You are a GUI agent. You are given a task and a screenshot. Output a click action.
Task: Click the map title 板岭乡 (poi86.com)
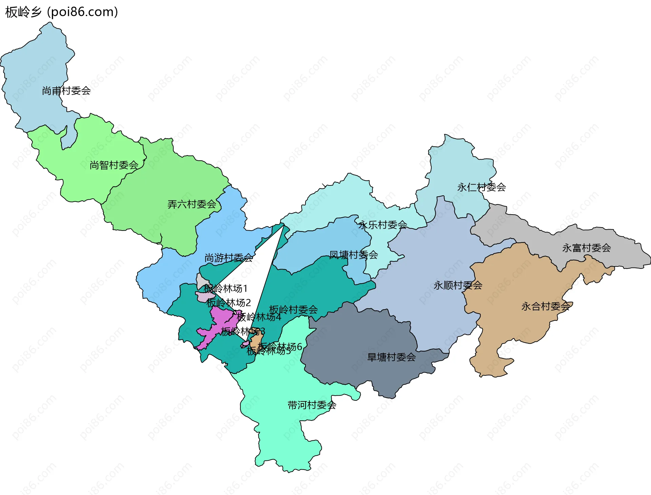click(61, 12)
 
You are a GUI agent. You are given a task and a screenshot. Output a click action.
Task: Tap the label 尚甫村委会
click(66, 91)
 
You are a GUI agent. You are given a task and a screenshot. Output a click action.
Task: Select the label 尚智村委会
click(114, 165)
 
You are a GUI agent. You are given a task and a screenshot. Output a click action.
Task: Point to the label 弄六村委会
click(192, 204)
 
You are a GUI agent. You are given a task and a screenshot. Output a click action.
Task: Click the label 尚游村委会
click(229, 258)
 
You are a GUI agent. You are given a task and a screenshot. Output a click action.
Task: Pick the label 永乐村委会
click(382, 225)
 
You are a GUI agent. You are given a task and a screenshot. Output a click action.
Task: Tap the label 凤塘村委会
click(353, 255)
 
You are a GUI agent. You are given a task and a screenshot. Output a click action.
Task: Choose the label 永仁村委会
click(481, 187)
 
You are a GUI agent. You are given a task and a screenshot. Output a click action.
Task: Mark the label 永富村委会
click(586, 248)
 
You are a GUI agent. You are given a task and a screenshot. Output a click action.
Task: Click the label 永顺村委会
click(458, 285)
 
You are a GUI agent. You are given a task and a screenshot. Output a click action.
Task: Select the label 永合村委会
click(545, 306)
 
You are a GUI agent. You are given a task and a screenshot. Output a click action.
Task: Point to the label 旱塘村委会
click(391, 357)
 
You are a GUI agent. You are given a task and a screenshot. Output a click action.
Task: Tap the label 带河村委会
click(312, 405)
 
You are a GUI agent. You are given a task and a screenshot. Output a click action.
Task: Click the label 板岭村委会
click(293, 310)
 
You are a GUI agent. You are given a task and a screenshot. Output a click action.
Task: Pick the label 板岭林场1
click(225, 289)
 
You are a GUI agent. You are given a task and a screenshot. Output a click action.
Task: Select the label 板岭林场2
click(228, 303)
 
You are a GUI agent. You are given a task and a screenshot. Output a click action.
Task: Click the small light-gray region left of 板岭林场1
click(202, 281)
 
